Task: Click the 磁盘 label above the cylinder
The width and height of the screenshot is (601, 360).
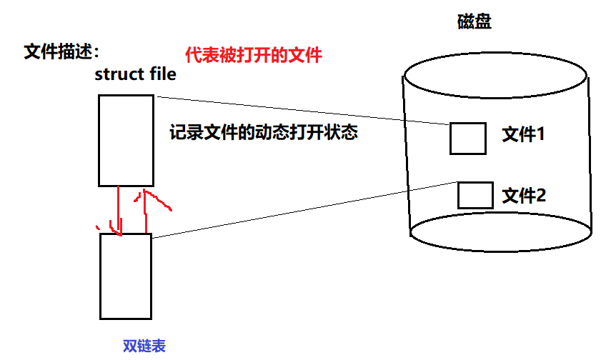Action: pos(475,22)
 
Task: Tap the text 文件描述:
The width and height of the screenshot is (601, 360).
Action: pos(61,52)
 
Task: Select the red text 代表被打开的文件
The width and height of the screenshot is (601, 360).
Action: pos(254,55)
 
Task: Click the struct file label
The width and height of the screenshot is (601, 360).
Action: pos(135,75)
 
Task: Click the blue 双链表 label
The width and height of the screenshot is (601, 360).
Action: pos(144,346)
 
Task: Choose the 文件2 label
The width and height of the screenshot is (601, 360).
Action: pos(524,194)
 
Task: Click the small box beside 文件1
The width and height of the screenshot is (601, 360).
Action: pos(468,139)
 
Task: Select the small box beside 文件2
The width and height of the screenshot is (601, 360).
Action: pos(475,195)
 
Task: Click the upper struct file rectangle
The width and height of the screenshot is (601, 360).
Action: pos(125,141)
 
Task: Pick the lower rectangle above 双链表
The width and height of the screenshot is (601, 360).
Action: pos(126,276)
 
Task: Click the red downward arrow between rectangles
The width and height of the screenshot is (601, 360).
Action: pos(119,211)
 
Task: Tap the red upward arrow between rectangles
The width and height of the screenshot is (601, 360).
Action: pos(146,210)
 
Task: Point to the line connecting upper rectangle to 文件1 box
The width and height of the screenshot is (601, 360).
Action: pos(300,110)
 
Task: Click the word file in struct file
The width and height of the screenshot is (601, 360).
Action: pos(159,75)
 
